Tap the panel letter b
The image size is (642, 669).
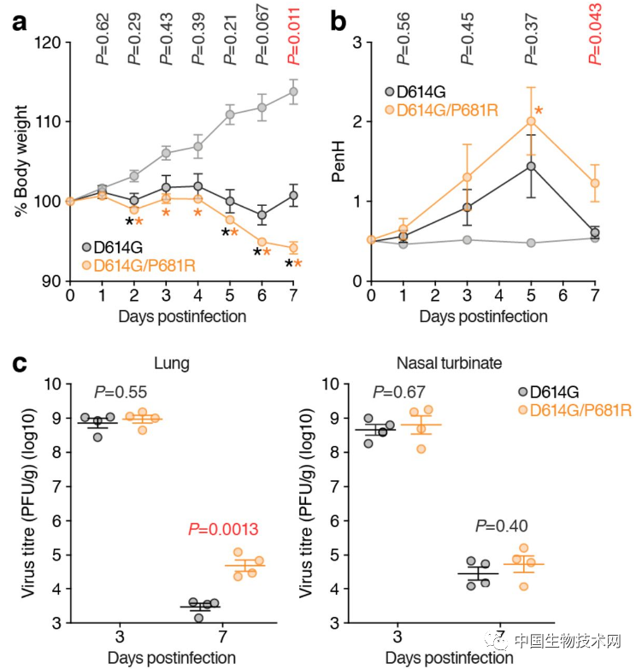click(x=339, y=23)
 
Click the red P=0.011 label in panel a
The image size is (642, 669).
click(x=294, y=33)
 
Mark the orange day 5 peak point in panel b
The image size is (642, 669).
click(x=531, y=121)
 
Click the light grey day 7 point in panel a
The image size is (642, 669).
click(x=294, y=91)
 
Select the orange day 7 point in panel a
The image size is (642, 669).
click(x=294, y=248)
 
